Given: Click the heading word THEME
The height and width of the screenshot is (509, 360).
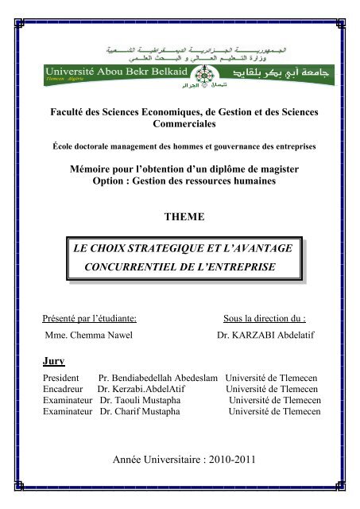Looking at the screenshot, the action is click(x=181, y=216).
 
